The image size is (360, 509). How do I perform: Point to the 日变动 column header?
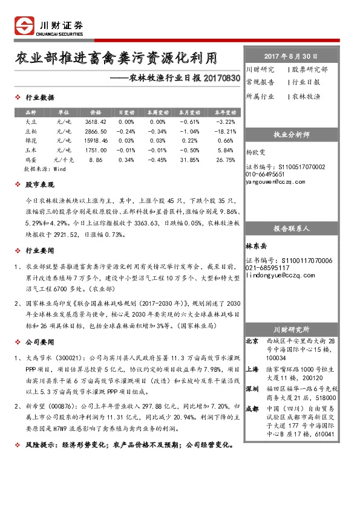point(126,112)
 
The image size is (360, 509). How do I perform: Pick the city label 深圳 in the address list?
point(252,389)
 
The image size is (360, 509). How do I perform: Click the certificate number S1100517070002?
point(285,167)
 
